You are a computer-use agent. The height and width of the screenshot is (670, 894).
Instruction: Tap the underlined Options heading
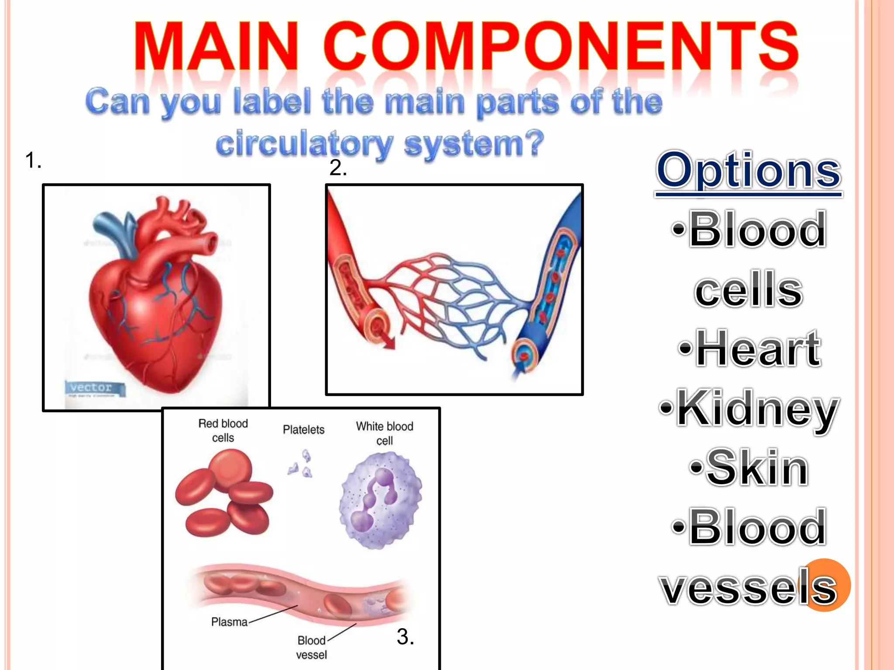[x=748, y=171]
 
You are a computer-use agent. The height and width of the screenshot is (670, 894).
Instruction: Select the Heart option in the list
[x=750, y=349]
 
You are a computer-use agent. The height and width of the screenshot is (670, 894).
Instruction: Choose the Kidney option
[x=750, y=408]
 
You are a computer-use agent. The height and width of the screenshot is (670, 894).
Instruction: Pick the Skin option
[x=750, y=468]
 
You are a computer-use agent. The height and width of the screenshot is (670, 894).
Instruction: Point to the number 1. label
[x=33, y=160]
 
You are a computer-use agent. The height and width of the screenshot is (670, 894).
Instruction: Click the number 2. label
[x=338, y=168]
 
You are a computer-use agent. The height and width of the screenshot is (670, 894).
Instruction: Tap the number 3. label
[x=405, y=636]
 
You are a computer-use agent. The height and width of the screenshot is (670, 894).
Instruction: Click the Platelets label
[x=303, y=430]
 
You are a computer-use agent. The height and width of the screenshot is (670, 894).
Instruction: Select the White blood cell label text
[x=384, y=433]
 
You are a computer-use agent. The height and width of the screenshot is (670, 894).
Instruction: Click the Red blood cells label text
[x=223, y=431]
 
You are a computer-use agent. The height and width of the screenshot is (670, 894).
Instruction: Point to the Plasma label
[x=229, y=622]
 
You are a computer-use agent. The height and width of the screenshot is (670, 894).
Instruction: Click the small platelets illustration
[x=301, y=465]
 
